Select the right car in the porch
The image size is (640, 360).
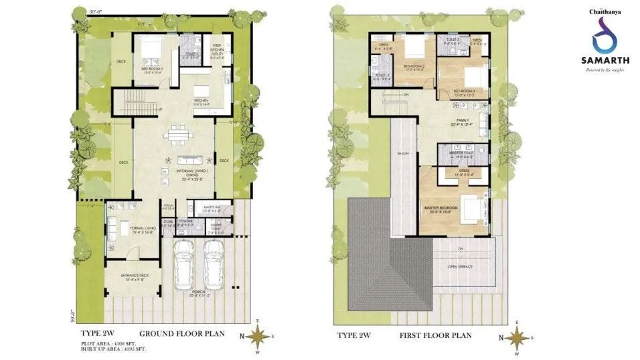213,264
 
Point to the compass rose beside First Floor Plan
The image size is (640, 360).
517,338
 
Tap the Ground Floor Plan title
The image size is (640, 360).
181,334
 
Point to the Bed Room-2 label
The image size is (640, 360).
412,66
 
